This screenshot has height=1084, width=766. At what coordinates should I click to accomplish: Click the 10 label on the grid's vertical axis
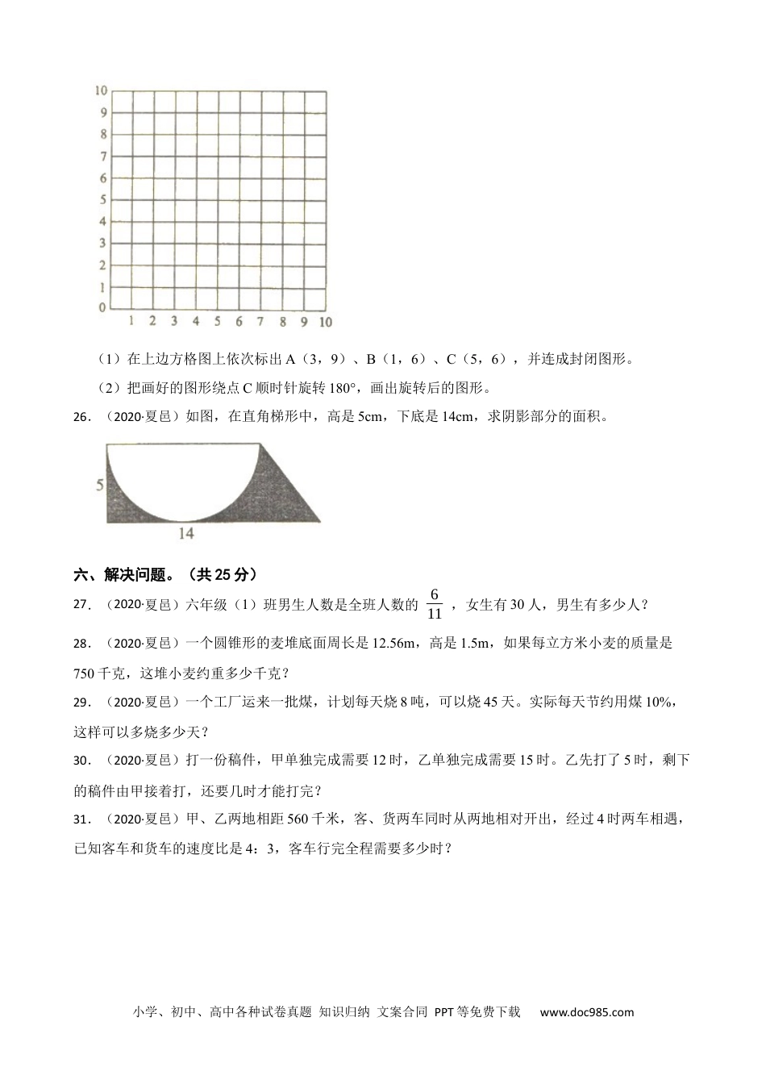(x=102, y=90)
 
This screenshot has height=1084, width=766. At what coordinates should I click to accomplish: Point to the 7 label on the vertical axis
(x=103, y=156)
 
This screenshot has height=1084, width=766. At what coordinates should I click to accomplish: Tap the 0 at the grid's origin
(x=102, y=307)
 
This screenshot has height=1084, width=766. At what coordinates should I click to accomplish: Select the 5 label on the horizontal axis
(x=217, y=322)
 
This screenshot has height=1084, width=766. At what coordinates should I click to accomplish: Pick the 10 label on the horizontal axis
(x=325, y=322)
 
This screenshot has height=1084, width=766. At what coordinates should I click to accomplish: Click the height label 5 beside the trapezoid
(x=99, y=485)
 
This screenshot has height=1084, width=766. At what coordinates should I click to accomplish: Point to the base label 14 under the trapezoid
(x=186, y=533)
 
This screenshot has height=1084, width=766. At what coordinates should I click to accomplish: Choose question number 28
(x=82, y=644)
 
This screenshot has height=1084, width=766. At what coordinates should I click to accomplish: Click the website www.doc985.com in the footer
(x=586, y=1012)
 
